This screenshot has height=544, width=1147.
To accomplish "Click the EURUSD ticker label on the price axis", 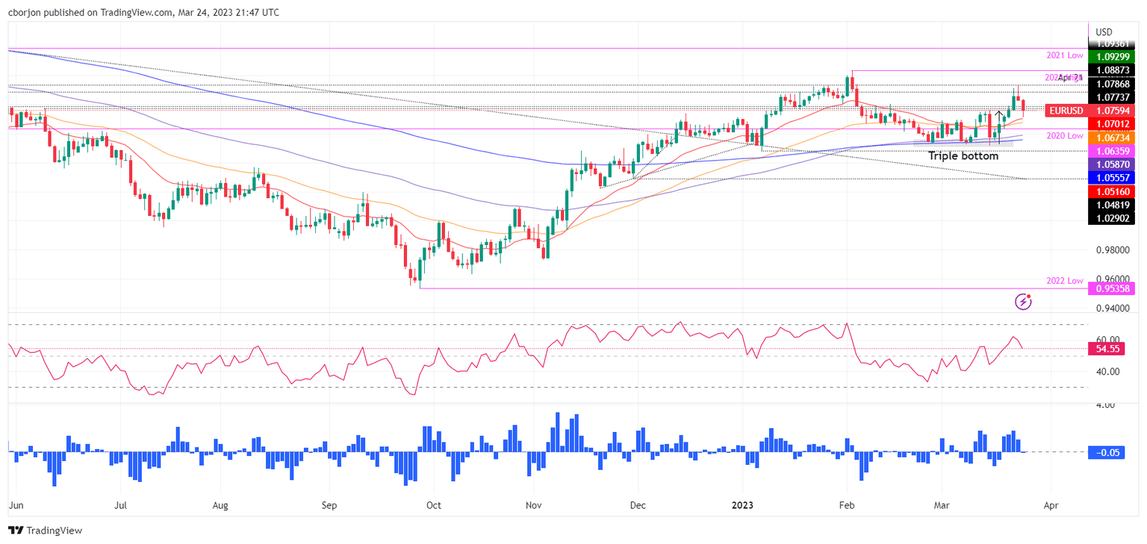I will (1066, 111).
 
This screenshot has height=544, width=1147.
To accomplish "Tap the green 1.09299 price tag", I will (1113, 57).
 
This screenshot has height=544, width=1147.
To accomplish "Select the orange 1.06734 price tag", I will (1113, 137).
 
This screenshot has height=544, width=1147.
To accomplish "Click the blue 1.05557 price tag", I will (1113, 178).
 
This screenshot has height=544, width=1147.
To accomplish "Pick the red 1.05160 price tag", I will (1113, 191).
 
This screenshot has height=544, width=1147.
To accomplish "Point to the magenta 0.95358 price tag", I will (1113, 288).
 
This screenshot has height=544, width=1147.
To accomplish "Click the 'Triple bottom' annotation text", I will (963, 156).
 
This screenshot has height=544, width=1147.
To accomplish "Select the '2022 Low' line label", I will (1064, 280).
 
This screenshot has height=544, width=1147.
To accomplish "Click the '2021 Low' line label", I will (1064, 56).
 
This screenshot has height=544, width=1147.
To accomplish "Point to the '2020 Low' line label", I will (1064, 135).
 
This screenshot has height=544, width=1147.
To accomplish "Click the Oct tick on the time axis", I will (434, 505).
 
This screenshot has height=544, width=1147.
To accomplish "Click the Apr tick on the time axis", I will (1050, 505).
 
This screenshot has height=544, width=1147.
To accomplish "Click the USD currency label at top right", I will (1104, 32).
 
